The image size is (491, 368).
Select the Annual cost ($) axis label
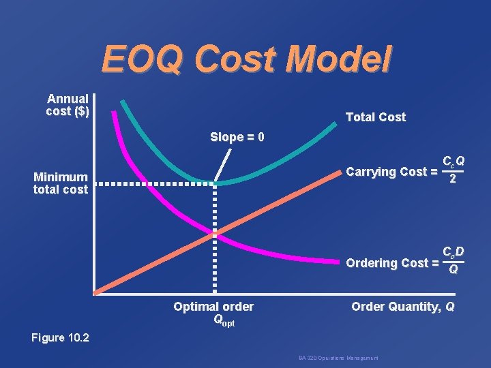[68, 105]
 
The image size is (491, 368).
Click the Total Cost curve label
[375, 117]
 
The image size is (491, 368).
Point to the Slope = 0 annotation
[237, 137]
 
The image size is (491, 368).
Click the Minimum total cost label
[61, 183]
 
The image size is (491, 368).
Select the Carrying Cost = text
[391, 172]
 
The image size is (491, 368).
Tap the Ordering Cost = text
[391, 262]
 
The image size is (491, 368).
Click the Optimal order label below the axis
[213, 307]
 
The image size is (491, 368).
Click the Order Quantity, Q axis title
[402, 307]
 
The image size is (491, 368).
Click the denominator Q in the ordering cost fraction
[452, 271]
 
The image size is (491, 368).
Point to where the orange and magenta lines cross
[215, 234]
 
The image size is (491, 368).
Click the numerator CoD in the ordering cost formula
[453, 252]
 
